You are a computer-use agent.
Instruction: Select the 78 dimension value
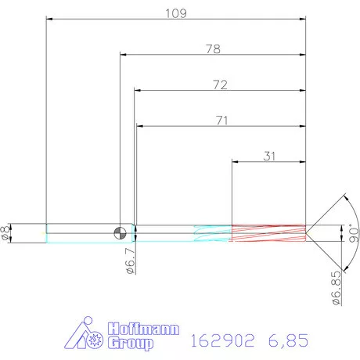[x=212, y=49]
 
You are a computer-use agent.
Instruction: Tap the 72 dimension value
[x=219, y=85]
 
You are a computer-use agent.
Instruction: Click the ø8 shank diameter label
[x=7, y=232]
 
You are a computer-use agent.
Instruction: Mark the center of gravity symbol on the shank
[x=119, y=232]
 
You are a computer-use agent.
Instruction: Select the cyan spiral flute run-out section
[x=211, y=232]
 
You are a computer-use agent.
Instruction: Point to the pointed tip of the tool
[x=307, y=232]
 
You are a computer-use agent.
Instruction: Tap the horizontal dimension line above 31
[x=268, y=162]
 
